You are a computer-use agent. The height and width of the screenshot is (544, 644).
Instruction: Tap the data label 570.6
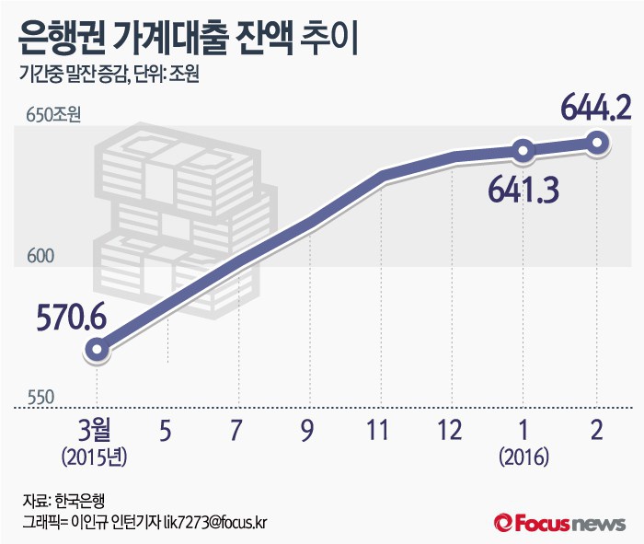72,318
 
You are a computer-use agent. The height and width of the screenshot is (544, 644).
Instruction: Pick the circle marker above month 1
523,150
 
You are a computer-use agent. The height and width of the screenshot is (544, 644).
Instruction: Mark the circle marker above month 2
597,142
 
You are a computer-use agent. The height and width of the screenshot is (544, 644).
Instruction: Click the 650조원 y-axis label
54,116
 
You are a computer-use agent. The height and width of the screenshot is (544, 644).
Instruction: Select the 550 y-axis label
39,397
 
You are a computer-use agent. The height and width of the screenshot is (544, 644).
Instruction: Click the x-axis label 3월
96,430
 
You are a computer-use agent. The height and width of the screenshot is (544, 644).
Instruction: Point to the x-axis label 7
237,430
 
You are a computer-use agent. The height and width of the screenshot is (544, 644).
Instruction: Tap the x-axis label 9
309,430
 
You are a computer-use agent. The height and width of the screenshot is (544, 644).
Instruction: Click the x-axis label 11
381,430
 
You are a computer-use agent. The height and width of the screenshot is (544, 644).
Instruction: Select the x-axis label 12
452,430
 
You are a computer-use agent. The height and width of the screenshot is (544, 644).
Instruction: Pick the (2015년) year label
96,456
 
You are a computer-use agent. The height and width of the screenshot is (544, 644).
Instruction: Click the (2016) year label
523,456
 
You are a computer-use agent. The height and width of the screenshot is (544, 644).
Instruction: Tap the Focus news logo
560,523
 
